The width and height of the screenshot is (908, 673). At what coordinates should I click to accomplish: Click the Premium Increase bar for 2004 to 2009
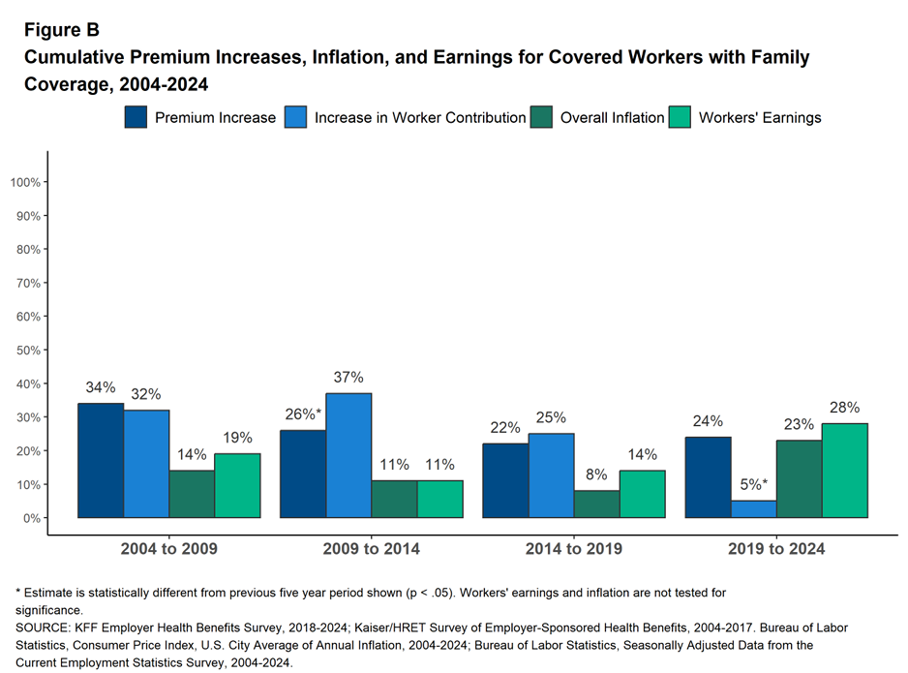pos(101,461)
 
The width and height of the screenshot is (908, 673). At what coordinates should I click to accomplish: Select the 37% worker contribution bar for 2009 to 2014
pos(348,455)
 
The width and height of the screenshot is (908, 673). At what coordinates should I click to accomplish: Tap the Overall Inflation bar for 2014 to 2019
pos(597,505)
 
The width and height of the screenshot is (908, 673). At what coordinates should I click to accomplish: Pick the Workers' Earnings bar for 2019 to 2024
pos(845,471)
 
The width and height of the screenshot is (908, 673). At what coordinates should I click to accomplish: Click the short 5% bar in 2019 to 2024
pos(754,509)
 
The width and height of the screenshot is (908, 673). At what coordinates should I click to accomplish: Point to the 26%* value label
pos(303,414)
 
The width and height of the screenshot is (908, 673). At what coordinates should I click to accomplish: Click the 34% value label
pos(101,388)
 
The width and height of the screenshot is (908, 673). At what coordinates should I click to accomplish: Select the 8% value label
pos(597,474)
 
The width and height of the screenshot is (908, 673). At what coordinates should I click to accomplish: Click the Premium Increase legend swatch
pos(136,117)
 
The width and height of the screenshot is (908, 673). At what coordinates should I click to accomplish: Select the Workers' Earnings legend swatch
pos(681,117)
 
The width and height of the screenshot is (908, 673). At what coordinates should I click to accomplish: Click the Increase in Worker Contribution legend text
pos(420,117)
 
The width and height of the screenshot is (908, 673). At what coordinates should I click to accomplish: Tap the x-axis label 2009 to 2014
pos(372,549)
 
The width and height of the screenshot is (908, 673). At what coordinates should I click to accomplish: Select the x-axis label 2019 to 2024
pos(776,549)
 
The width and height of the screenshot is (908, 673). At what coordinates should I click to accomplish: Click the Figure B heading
pos(61,30)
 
